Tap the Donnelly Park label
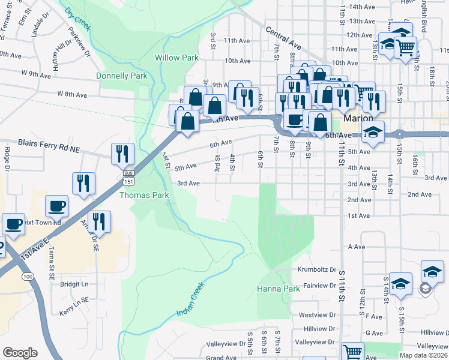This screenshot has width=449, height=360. (x=122, y=76)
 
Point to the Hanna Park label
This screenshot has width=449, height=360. (x=278, y=289)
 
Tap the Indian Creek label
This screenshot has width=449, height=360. (x=191, y=305)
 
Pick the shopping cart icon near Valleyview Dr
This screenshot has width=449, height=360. (x=352, y=353)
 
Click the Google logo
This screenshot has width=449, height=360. (x=19, y=353)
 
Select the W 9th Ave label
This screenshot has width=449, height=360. (x=36, y=74)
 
